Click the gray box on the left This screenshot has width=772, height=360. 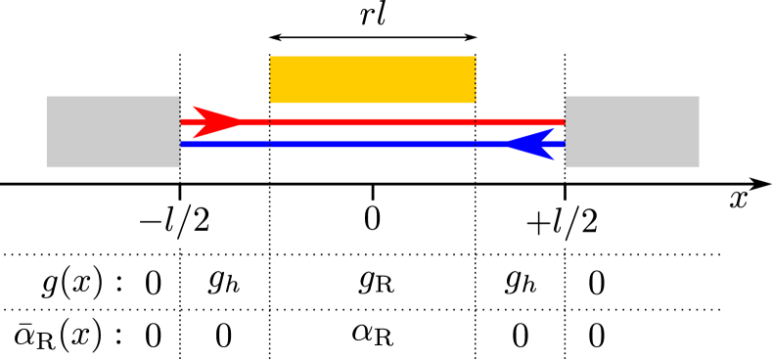point(113,131)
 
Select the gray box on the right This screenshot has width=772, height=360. point(632,131)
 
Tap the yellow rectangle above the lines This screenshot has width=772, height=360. point(372,79)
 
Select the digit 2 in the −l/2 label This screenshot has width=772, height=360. point(201,222)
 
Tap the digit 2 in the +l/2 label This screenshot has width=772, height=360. point(588,222)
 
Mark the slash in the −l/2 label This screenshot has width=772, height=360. point(183,223)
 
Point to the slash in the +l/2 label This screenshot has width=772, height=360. point(571,223)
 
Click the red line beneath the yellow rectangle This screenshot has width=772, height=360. point(372,122)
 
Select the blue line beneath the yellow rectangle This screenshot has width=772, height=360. point(372,144)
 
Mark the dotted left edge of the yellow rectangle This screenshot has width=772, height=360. point(270,79)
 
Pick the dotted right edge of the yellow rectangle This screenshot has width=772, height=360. point(476,79)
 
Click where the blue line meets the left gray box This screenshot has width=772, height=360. point(181,144)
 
